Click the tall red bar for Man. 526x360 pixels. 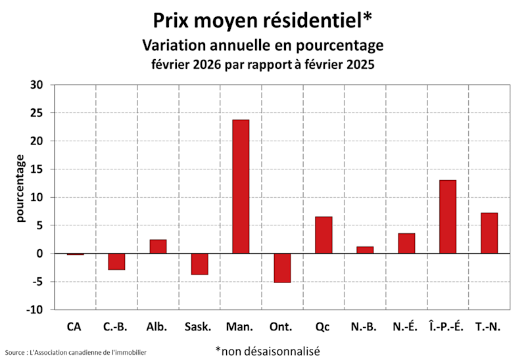pos(241,187)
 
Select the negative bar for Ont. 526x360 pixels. pos(282,268)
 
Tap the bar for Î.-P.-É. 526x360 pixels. pos(448,217)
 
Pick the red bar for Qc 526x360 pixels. pos(323,235)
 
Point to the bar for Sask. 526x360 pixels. pos(199,264)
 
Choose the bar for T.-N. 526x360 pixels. pos(489,233)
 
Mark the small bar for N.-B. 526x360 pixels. pos(365,250)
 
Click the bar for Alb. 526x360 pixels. pos(158,246)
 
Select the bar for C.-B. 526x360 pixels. pos(116,261)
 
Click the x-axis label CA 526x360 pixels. pos(75,326)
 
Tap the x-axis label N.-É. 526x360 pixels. pos(405,326)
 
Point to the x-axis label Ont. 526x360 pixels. pos(281,326)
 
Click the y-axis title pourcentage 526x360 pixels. pos(21,189)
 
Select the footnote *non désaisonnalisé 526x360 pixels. pos(267,351)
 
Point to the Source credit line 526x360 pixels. pos(76,353)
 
